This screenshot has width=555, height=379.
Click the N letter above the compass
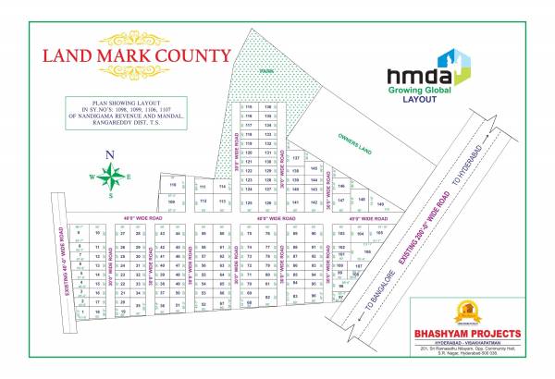click(x=109, y=154)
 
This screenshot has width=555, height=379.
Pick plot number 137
click(x=295, y=159)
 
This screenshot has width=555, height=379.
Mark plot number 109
click(x=171, y=200)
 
